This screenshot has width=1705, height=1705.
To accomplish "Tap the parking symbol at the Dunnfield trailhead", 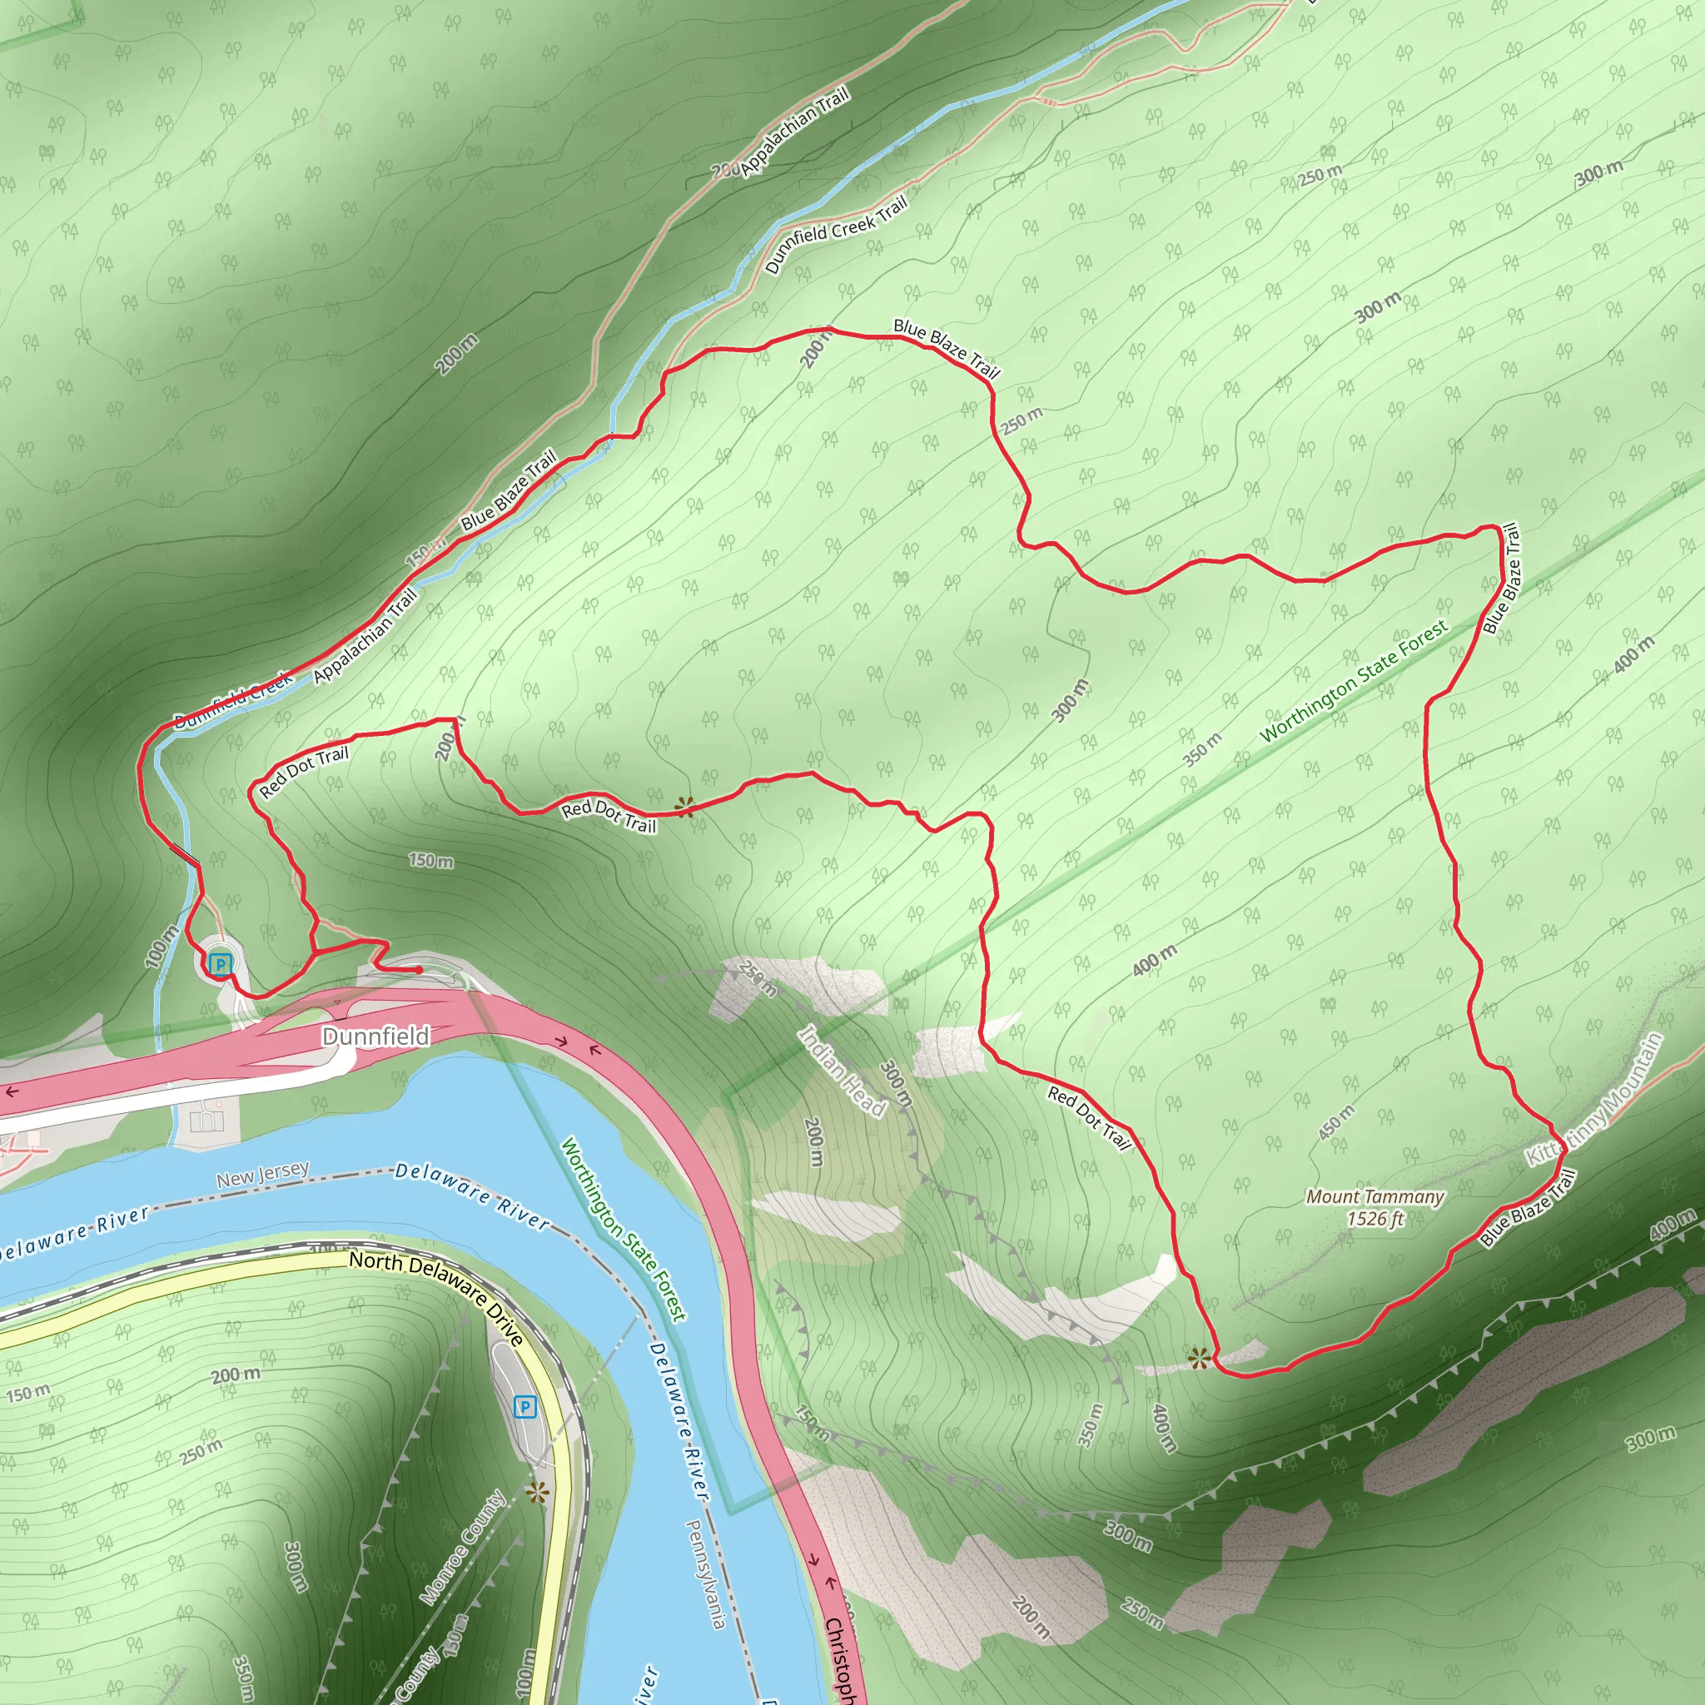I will (x=220, y=965).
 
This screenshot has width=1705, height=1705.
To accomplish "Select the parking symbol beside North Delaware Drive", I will (x=525, y=1407).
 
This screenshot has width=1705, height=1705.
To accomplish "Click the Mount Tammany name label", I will (x=1375, y=1197).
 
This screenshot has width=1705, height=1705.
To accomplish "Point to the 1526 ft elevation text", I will (x=1375, y=1220).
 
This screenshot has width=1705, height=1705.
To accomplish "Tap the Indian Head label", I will (x=841, y=1071).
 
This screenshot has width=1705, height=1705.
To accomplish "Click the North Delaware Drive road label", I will (x=437, y=1289).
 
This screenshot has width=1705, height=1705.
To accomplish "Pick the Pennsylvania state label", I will (x=706, y=1573).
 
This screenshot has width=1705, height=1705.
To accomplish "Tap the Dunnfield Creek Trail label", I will (x=836, y=234).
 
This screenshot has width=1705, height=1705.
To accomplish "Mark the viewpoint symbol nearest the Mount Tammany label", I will (x=1197, y=1358).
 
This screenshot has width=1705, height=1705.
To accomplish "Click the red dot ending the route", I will (x=420, y=970).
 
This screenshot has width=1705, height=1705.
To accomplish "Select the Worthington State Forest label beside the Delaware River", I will (x=624, y=1230).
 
